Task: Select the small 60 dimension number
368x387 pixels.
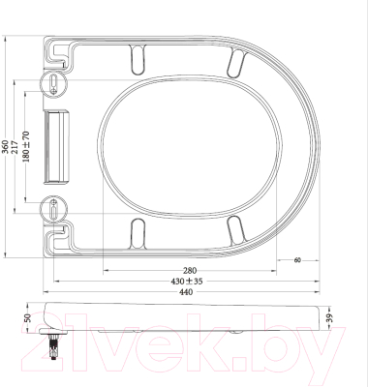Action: pyautogui.click(x=297, y=260)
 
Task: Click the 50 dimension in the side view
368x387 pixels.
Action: pyautogui.click(x=27, y=317)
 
